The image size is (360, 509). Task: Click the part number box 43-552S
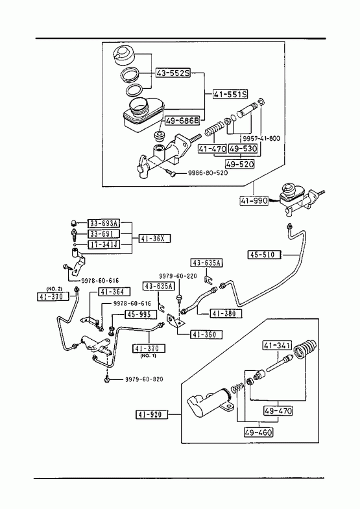click(173, 73)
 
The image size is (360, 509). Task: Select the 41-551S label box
click(230, 95)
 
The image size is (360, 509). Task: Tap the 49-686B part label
click(182, 121)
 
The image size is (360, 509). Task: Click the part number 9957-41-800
click(261, 139)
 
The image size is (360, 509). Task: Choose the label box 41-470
click(213, 148)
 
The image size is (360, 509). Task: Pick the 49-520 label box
click(240, 164)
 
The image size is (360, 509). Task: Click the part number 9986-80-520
click(208, 172)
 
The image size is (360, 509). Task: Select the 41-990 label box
click(254, 201)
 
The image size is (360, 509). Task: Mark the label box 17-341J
click(104, 244)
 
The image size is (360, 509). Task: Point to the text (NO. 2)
click(54, 289)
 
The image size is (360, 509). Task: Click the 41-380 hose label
click(226, 314)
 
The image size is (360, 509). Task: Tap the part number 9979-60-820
click(144, 379)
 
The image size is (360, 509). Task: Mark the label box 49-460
click(258, 432)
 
